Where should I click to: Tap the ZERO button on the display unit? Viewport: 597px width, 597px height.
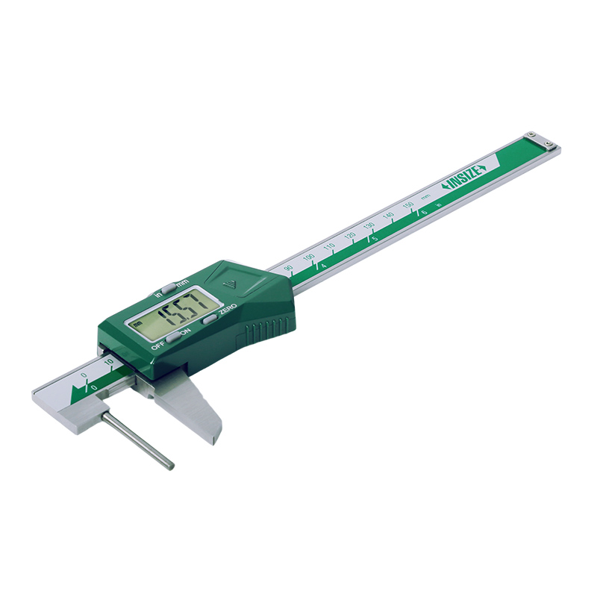210,318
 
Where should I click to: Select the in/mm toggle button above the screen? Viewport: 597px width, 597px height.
169,286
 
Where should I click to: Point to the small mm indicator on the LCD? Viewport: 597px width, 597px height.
138,323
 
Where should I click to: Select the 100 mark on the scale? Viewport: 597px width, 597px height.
309,257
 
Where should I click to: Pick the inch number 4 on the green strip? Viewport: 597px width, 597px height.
323,265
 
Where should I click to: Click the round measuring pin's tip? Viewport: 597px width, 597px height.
170,466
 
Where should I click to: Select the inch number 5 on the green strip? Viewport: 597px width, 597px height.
375,238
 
